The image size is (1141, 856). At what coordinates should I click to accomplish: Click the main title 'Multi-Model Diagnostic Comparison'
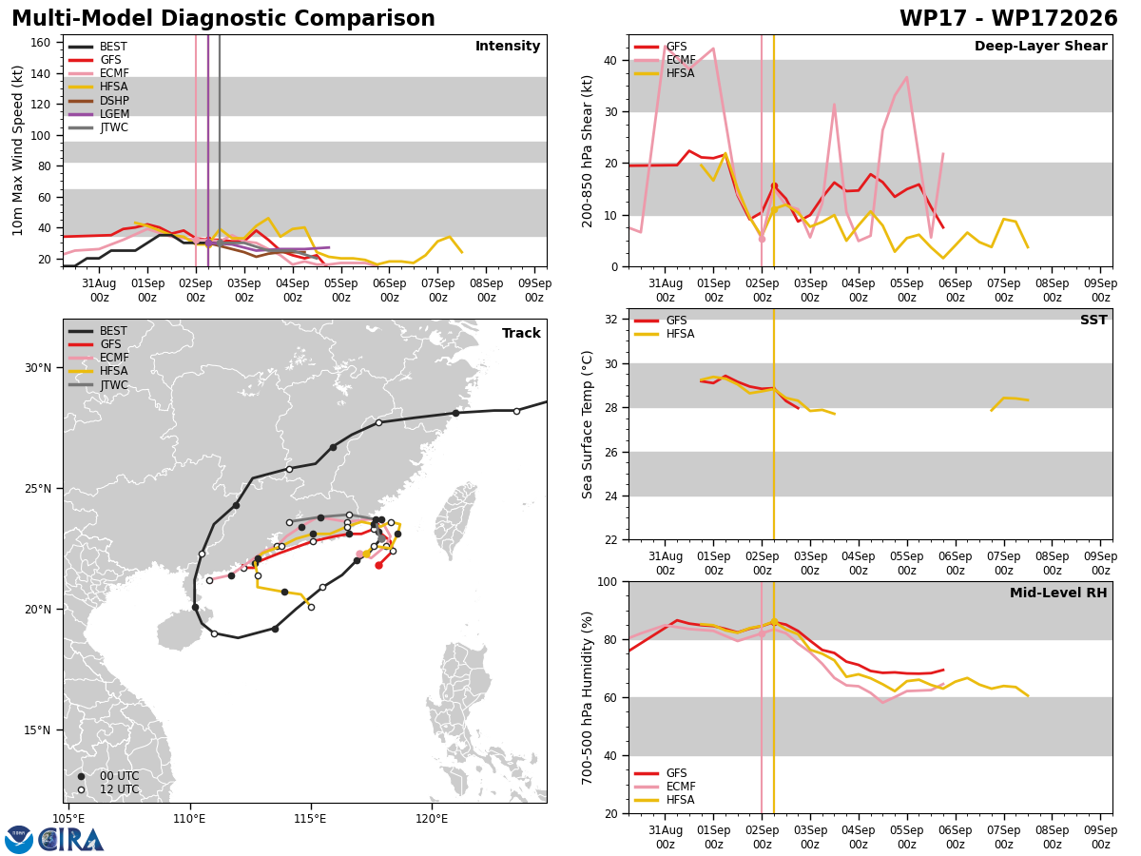pos(223,18)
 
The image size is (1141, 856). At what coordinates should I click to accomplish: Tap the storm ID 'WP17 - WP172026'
pos(1008,18)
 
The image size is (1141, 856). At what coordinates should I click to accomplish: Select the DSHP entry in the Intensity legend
pos(99,100)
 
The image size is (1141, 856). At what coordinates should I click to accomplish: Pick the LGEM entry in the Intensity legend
pos(99,114)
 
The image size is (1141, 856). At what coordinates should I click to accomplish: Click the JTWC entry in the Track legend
pos(99,385)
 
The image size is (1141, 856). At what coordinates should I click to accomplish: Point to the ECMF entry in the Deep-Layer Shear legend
pos(665,60)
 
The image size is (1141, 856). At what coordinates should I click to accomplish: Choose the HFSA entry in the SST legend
pos(665,334)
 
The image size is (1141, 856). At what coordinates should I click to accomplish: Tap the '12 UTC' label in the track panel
pos(120,789)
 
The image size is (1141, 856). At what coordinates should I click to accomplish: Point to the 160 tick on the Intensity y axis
pos(41,43)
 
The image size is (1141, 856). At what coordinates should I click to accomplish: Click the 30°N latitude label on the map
pos(38,368)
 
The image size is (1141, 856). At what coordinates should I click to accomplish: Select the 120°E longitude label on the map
pos(432,819)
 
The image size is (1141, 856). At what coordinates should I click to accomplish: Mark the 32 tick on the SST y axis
pos(611,320)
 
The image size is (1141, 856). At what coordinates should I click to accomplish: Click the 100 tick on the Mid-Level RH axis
pos(608,581)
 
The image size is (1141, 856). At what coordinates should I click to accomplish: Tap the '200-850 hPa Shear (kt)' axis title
pos(588,151)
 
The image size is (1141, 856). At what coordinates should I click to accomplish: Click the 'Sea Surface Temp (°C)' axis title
pos(587,424)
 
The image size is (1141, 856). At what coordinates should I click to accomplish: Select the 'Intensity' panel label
pos(508,46)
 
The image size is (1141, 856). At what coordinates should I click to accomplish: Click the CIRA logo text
pos(70,840)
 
